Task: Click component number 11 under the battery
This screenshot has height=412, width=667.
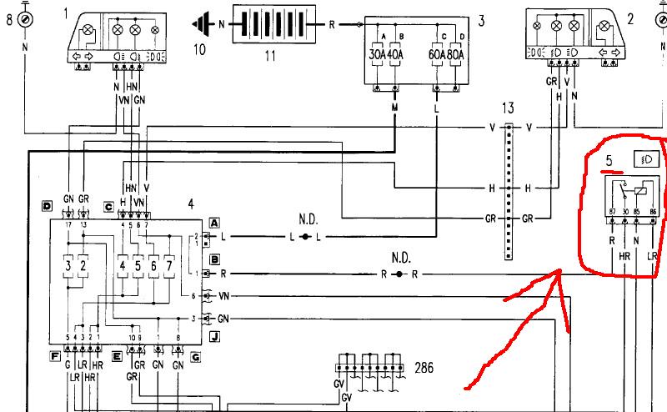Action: click(269, 55)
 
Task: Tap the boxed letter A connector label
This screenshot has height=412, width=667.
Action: click(214, 224)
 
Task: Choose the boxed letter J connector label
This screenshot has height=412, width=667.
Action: click(214, 337)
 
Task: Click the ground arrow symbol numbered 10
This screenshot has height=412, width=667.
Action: click(202, 24)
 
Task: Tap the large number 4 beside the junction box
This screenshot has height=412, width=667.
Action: click(191, 203)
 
